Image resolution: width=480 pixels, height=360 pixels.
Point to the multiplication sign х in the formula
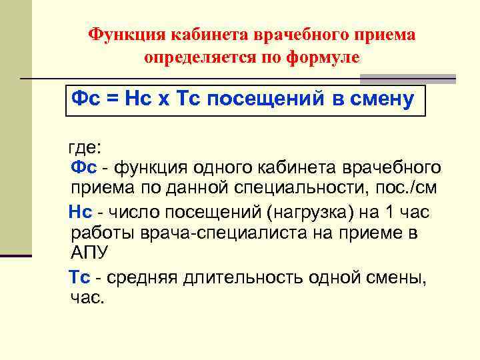[163, 100]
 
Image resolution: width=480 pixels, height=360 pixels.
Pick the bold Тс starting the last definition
[81, 277]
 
